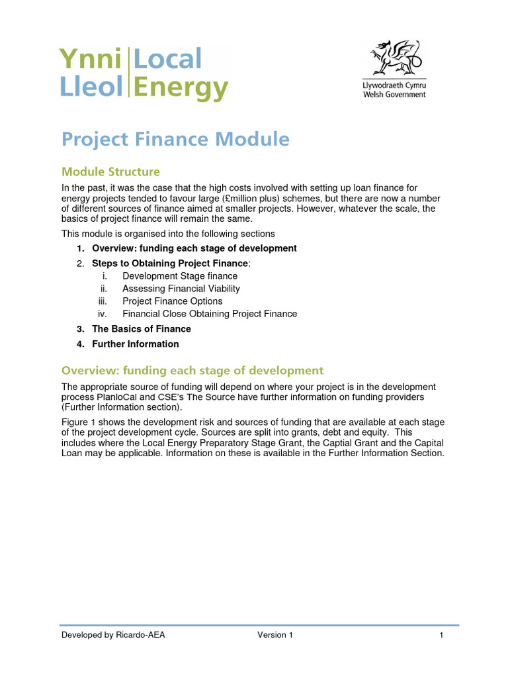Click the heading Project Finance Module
point(175,140)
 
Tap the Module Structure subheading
point(110,172)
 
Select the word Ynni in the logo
point(91,60)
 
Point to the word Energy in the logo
point(181,87)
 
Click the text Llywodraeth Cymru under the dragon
point(395,86)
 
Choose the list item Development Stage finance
point(180,276)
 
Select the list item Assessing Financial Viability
point(181,289)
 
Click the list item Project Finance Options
point(173,301)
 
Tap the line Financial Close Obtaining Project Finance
point(210,314)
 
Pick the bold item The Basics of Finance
point(142,329)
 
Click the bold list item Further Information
point(136,344)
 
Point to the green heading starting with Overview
point(192,371)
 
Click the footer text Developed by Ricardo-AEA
point(113,636)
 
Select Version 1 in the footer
point(275,636)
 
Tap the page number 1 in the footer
point(441,636)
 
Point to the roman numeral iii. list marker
point(103,301)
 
